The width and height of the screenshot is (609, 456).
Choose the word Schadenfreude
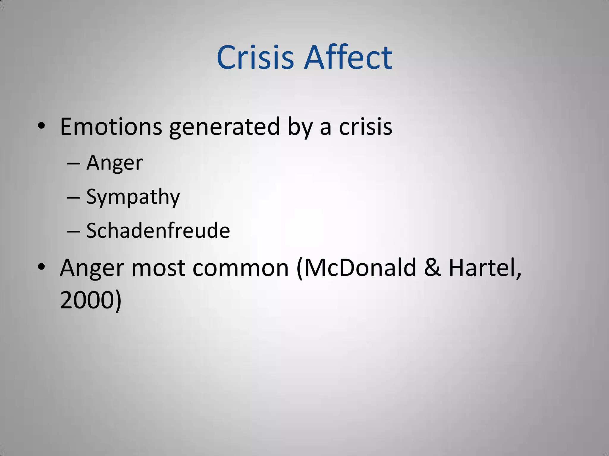[x=158, y=230]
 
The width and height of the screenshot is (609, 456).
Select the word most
[x=158, y=268]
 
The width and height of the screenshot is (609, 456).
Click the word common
[x=241, y=268]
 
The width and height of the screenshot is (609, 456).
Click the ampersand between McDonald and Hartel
[x=432, y=267]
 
